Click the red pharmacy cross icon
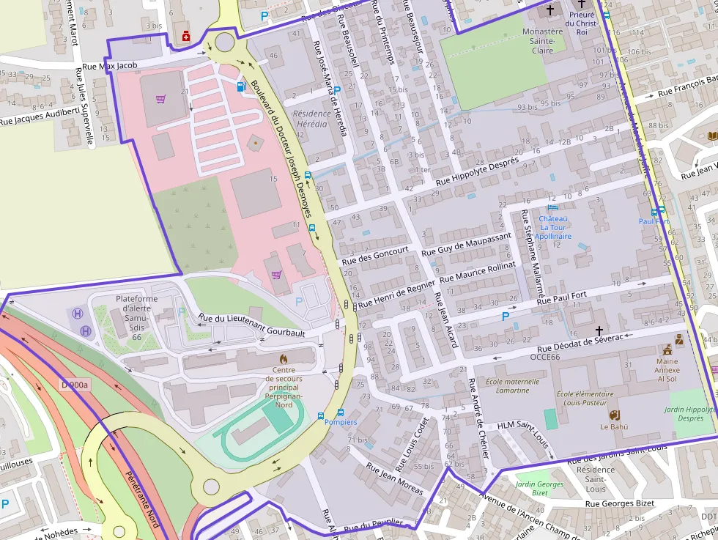pos(185,35)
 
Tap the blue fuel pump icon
pos(241,86)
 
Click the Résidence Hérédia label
pos(310,119)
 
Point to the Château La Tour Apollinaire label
pos(553,227)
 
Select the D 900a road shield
pos(74,385)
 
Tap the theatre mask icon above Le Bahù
pos(614,414)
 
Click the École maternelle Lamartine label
pos(512,385)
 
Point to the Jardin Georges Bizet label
pos(539,488)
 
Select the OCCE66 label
pos(525,357)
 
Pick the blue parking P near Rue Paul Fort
pos(505,316)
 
